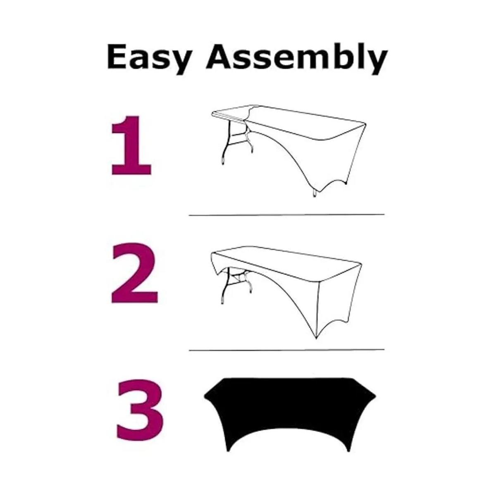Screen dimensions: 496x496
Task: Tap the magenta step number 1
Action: pyautogui.click(x=131, y=145)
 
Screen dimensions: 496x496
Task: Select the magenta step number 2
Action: pyautogui.click(x=134, y=273)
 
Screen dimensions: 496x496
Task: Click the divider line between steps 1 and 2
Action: pyautogui.click(x=287, y=215)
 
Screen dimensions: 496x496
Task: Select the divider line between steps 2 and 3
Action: pyautogui.click(x=287, y=350)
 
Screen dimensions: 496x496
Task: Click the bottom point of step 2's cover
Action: pyautogui.click(x=316, y=338)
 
